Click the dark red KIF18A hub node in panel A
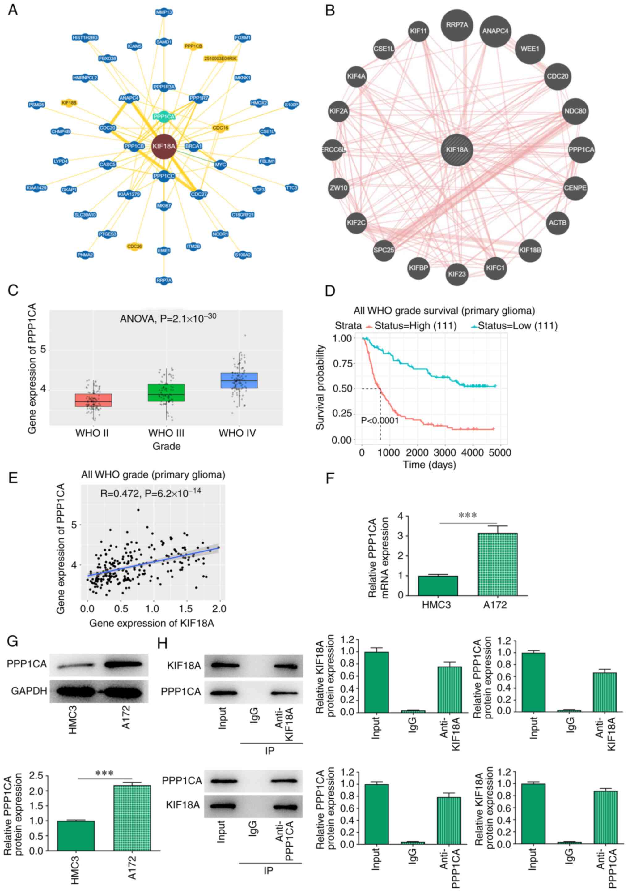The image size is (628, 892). point(164,147)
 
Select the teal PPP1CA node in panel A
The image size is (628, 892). point(164,116)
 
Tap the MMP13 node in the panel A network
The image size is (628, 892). point(164,12)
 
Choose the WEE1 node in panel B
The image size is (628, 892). point(530,49)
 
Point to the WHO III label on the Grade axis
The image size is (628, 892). point(166,433)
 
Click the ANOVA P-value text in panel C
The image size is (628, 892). point(168,319)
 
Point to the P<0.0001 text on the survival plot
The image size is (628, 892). point(379,420)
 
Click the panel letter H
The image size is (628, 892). point(162,643)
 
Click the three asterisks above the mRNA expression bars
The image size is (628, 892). point(467,516)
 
